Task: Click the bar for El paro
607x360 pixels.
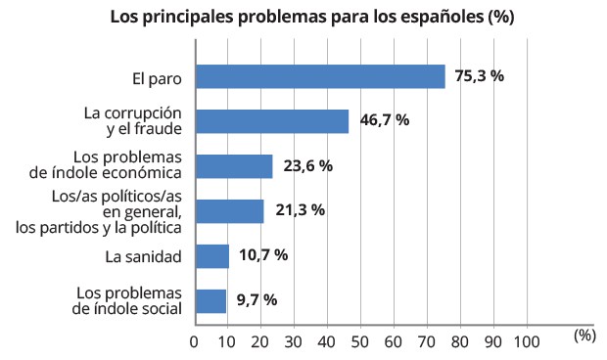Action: tap(320, 76)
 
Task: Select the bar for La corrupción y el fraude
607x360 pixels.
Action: tap(272, 121)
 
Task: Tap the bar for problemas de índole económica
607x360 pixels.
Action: tap(234, 166)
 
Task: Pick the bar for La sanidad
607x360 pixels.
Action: tap(212, 256)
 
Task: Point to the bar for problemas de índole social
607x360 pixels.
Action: tap(211, 300)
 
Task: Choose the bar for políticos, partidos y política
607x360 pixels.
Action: tap(230, 211)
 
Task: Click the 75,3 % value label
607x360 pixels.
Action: tap(480, 76)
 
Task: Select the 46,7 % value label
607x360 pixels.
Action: tap(384, 121)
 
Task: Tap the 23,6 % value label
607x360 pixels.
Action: tap(307, 166)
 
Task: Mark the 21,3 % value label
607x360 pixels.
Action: tap(300, 211)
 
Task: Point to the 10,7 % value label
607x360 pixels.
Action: tap(263, 256)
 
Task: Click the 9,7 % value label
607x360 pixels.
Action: tap(257, 300)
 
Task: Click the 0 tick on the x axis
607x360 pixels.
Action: tap(195, 341)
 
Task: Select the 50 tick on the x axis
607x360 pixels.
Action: tap(361, 341)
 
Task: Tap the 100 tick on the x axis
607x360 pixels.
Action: tap(528, 341)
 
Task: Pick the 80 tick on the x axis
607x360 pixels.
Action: tap(461, 341)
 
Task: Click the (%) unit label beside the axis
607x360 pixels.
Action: tap(584, 335)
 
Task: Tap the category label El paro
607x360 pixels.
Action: tap(157, 76)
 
